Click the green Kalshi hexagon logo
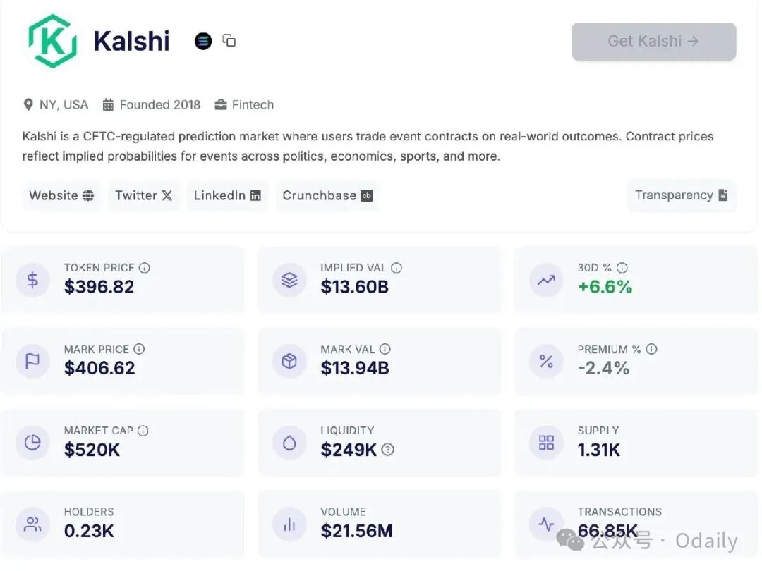click(52, 41)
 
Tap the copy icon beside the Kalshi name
click(229, 41)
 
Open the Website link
click(61, 195)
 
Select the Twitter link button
click(143, 195)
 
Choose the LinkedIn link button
click(227, 195)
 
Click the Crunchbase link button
click(327, 195)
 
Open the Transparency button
click(681, 195)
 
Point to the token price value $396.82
click(99, 287)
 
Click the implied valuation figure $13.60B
click(354, 287)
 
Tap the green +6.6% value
click(605, 287)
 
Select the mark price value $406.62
click(99, 368)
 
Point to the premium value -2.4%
click(603, 368)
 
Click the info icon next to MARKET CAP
click(143, 431)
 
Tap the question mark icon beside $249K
click(388, 450)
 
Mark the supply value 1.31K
click(598, 450)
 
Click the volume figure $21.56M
click(356, 531)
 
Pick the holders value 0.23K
click(89, 531)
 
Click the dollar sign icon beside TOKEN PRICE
click(32, 280)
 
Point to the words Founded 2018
click(160, 105)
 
